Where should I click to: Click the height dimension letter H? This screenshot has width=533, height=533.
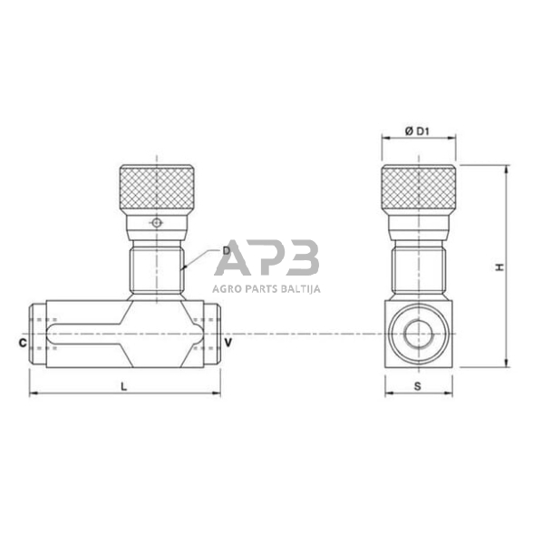(x=498, y=267)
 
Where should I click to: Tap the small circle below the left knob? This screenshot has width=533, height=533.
(x=157, y=223)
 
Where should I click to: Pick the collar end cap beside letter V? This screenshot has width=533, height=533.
(x=215, y=336)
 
